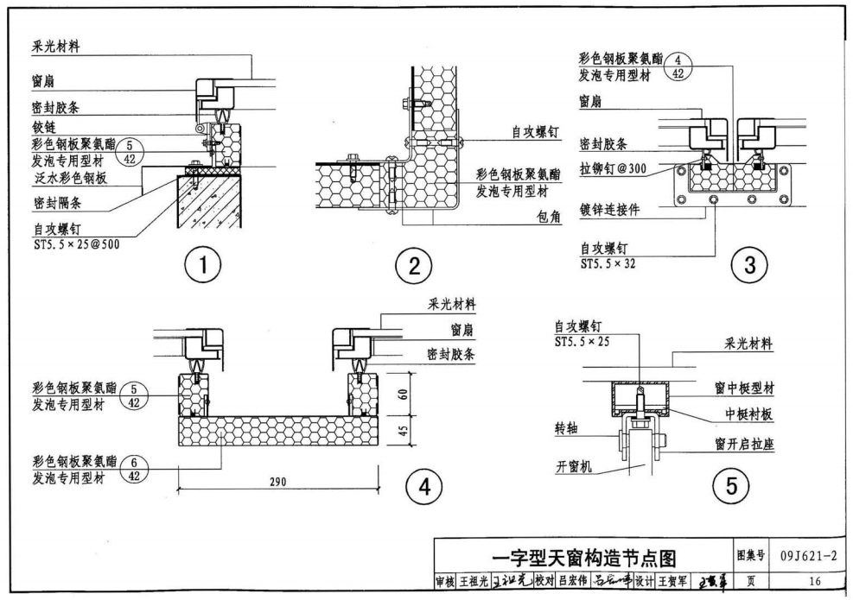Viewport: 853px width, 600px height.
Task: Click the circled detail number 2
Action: (414, 266)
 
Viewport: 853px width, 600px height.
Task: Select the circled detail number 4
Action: (423, 489)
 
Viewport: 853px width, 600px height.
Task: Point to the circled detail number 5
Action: (731, 489)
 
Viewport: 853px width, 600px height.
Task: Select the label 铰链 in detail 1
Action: (44, 127)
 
